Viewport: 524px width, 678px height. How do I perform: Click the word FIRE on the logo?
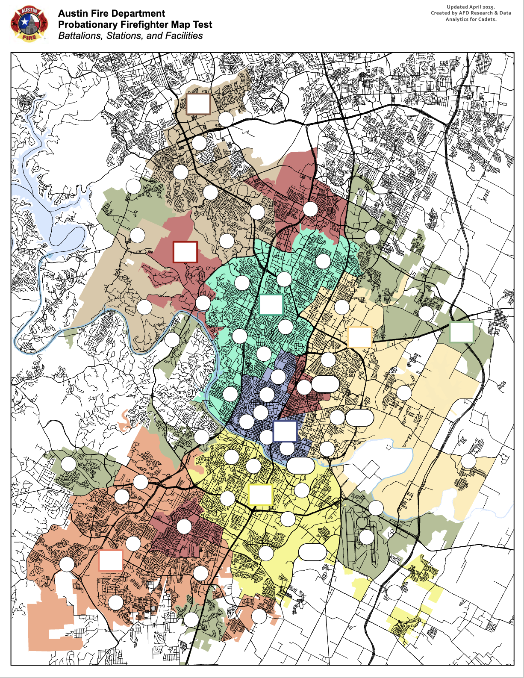(x=29, y=38)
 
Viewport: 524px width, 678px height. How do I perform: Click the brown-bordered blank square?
(x=198, y=104)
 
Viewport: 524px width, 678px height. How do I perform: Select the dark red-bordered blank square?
(x=185, y=252)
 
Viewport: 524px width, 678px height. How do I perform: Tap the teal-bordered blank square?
(x=271, y=305)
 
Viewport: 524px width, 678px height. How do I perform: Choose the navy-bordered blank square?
(x=285, y=431)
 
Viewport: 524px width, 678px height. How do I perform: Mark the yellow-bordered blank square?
(x=260, y=495)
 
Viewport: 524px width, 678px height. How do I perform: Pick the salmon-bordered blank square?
(x=111, y=560)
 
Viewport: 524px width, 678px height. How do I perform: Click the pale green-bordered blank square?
(x=462, y=332)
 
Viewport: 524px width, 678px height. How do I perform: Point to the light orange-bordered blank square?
(x=359, y=337)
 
